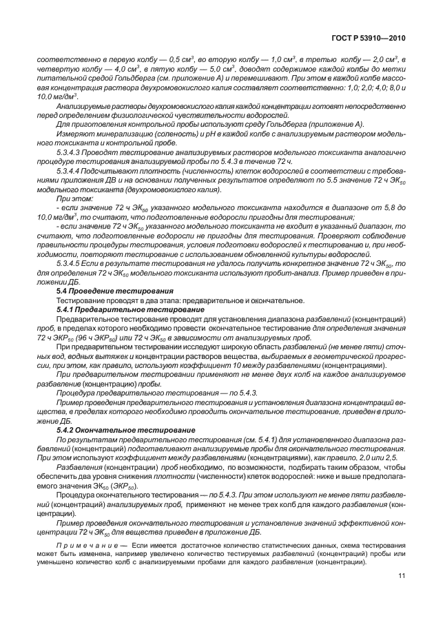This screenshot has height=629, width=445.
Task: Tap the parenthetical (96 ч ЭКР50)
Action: [97, 338]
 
